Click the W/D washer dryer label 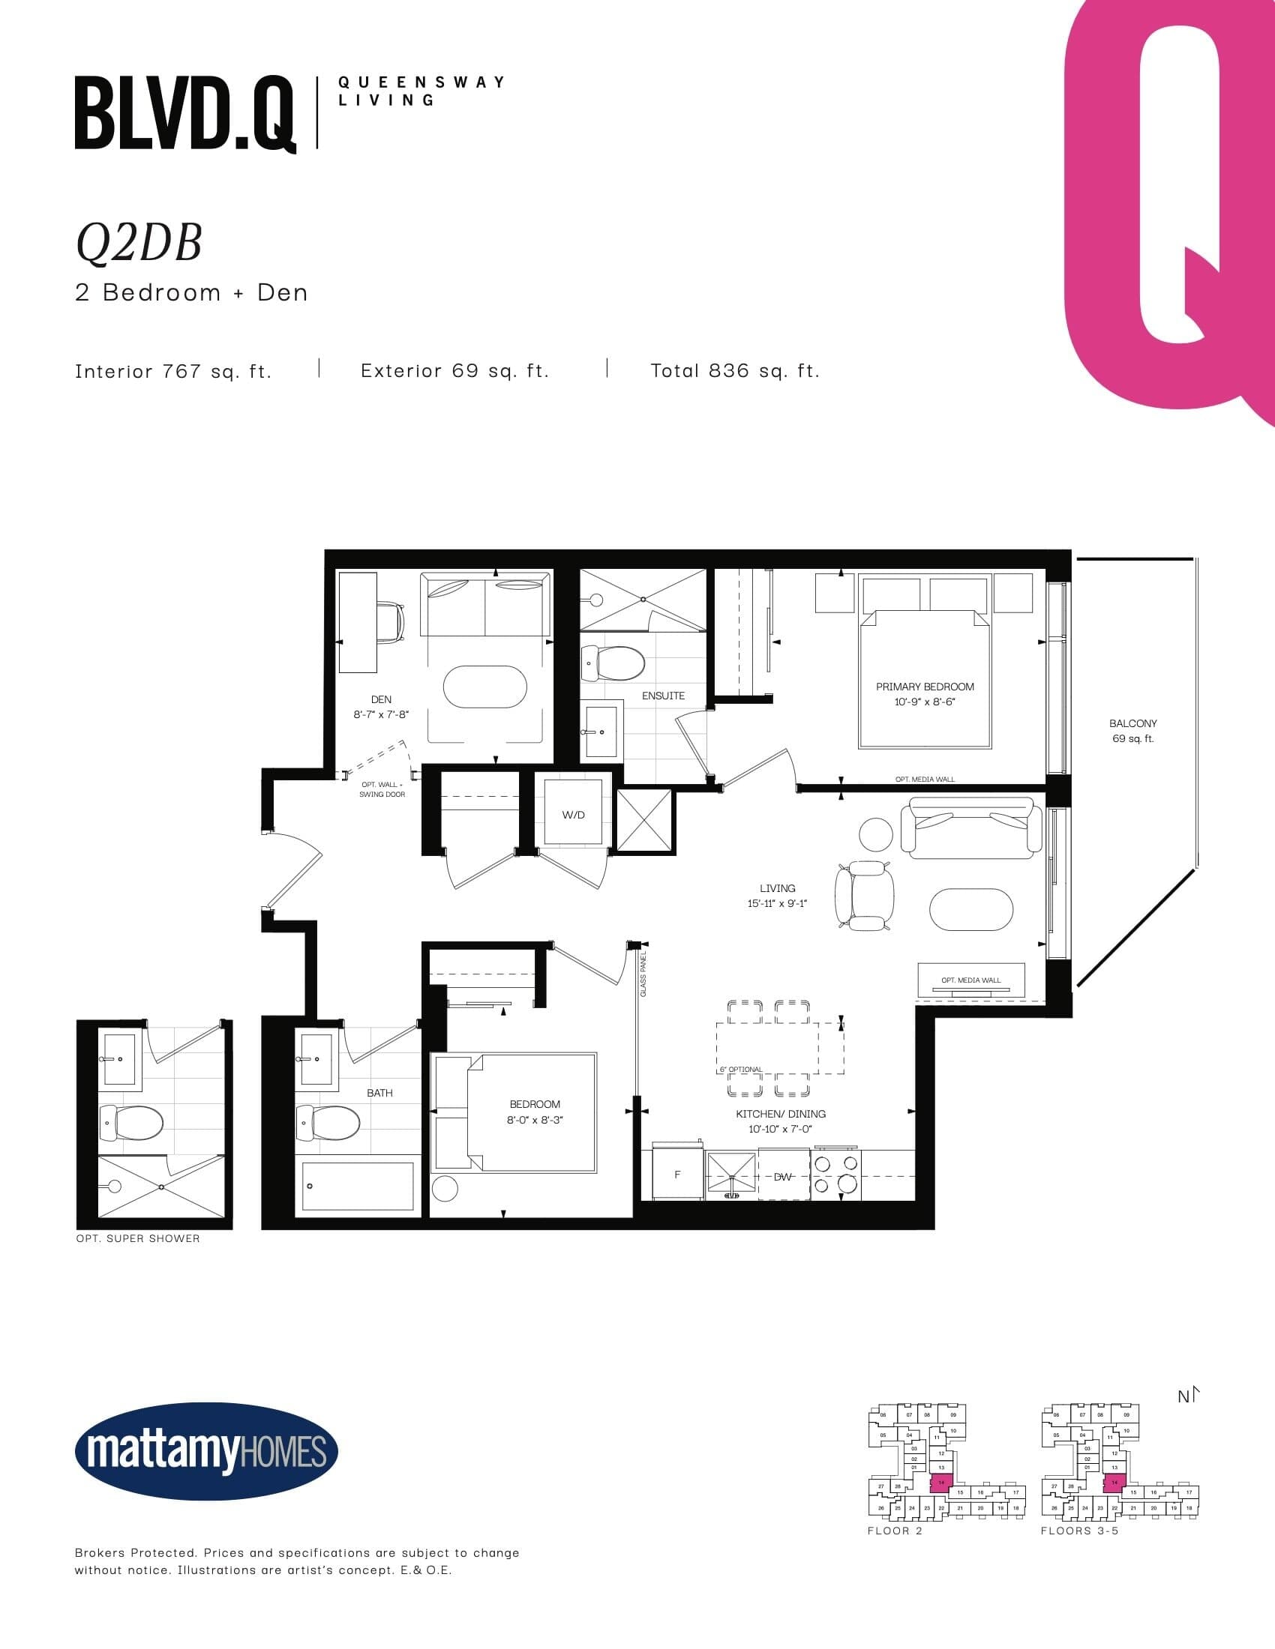(x=573, y=815)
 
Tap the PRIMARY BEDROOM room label (x=925, y=687)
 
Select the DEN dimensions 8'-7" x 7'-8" (x=381, y=714)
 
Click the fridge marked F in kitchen (x=676, y=1174)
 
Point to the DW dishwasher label (x=782, y=1176)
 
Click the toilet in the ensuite (x=613, y=663)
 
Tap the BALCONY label (x=1132, y=723)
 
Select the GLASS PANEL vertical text (x=643, y=974)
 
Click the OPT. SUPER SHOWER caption (x=138, y=1238)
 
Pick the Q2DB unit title (x=139, y=243)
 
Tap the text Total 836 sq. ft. (x=735, y=371)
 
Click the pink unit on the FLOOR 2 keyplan (x=941, y=1482)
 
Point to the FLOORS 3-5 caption (x=1079, y=1531)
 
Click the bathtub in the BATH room (x=357, y=1186)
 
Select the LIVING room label (x=777, y=888)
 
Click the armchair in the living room (x=865, y=896)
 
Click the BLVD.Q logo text (x=185, y=113)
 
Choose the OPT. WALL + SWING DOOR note (x=382, y=789)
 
